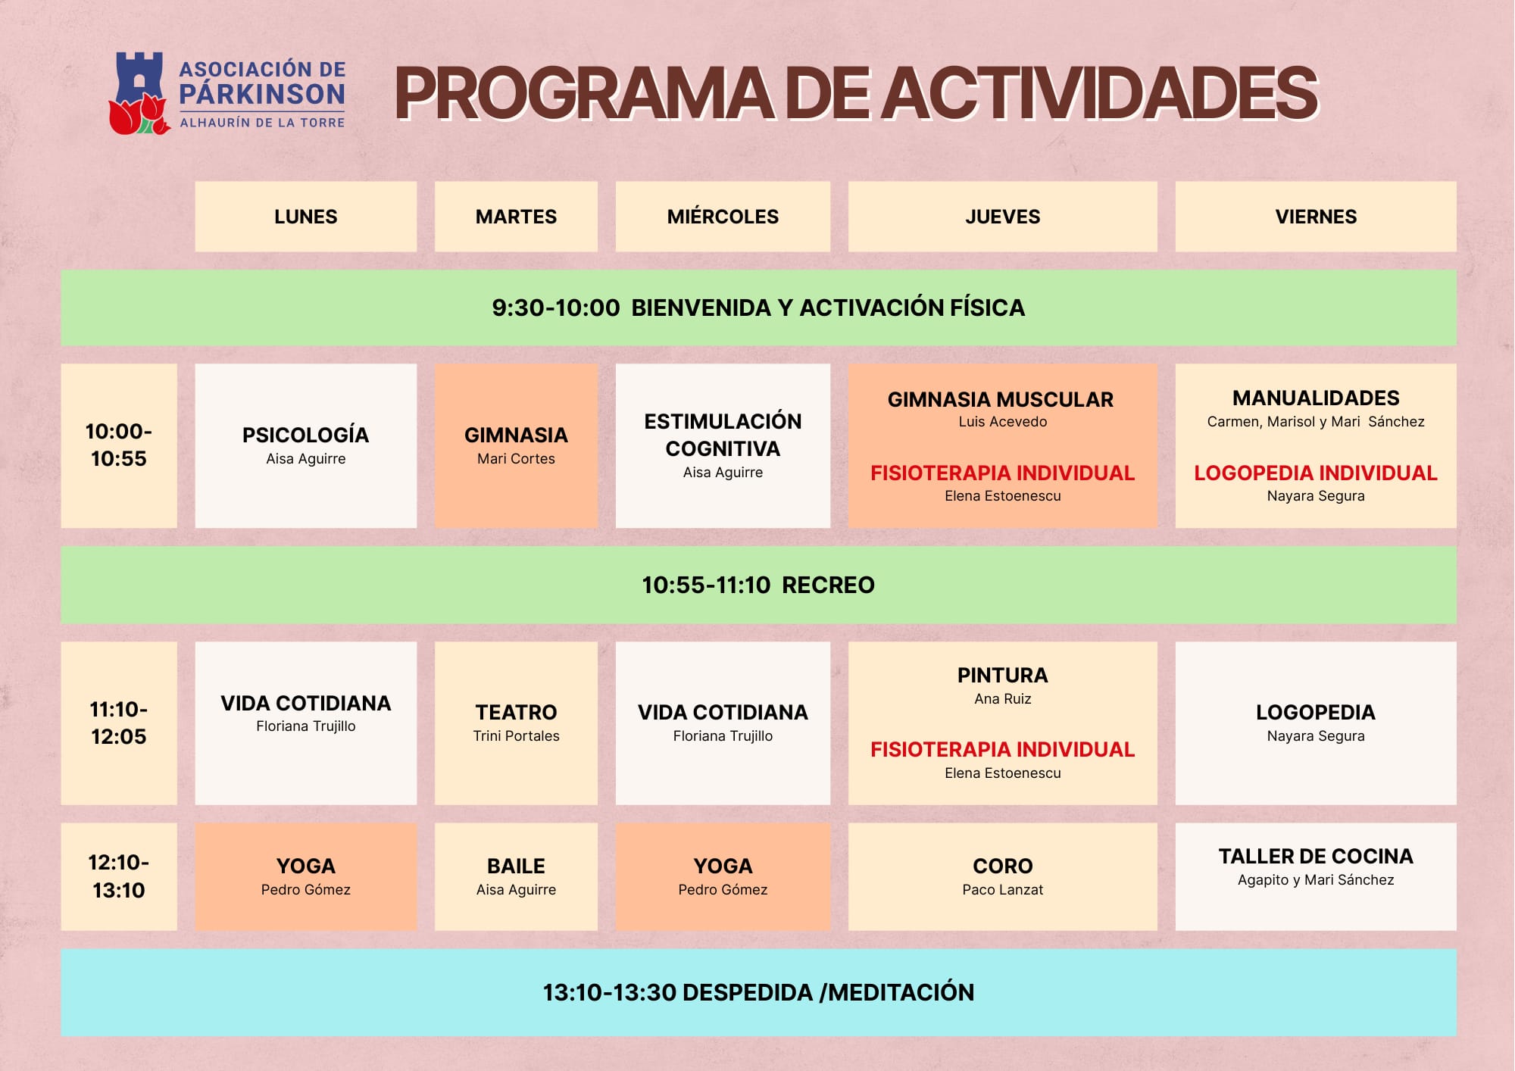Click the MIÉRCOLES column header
(723, 217)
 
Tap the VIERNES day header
(1316, 217)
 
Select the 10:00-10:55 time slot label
(119, 445)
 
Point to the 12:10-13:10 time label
(119, 876)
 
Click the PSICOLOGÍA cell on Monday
(306, 445)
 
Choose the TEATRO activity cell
(516, 723)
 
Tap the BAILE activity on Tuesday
(516, 876)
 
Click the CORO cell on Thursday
(1003, 876)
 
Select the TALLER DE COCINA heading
(1316, 857)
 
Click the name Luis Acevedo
(1003, 422)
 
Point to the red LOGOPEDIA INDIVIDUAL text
(1316, 473)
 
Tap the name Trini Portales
(516, 736)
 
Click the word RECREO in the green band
(828, 585)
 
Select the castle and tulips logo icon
(139, 93)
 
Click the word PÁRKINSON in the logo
(262, 94)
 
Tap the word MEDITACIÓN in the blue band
(901, 992)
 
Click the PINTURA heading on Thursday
(1003, 676)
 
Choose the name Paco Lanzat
(1003, 890)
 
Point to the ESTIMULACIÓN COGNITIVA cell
(723, 445)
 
